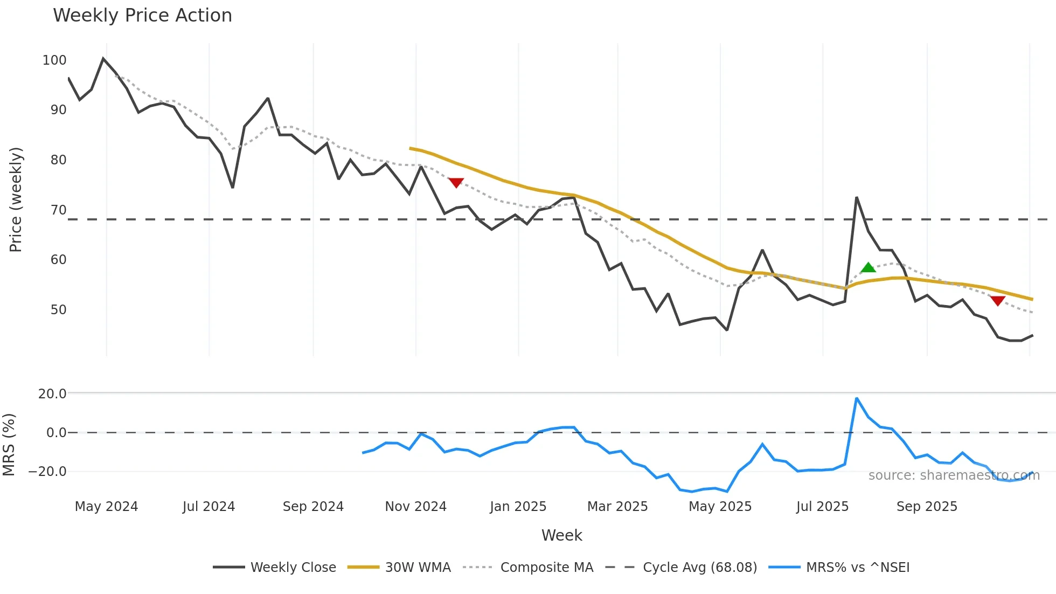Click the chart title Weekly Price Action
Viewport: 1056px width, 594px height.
click(142, 16)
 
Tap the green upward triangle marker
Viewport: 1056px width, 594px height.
click(868, 267)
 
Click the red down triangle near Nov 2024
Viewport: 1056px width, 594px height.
click(456, 183)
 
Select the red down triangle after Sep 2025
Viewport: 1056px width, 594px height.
click(997, 300)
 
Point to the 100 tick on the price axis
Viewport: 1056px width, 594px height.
click(54, 60)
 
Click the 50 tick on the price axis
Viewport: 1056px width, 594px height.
click(58, 310)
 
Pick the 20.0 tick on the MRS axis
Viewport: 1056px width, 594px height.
click(52, 394)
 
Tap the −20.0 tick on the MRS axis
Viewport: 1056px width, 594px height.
click(47, 472)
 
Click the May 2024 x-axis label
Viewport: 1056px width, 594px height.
click(106, 507)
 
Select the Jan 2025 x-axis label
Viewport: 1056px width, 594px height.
click(518, 507)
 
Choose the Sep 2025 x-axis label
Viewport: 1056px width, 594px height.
click(927, 507)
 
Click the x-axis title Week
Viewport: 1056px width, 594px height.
click(561, 535)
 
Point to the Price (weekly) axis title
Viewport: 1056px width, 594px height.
click(16, 199)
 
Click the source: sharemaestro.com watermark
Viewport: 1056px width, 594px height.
click(954, 475)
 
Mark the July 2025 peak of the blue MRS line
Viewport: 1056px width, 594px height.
click(857, 398)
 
